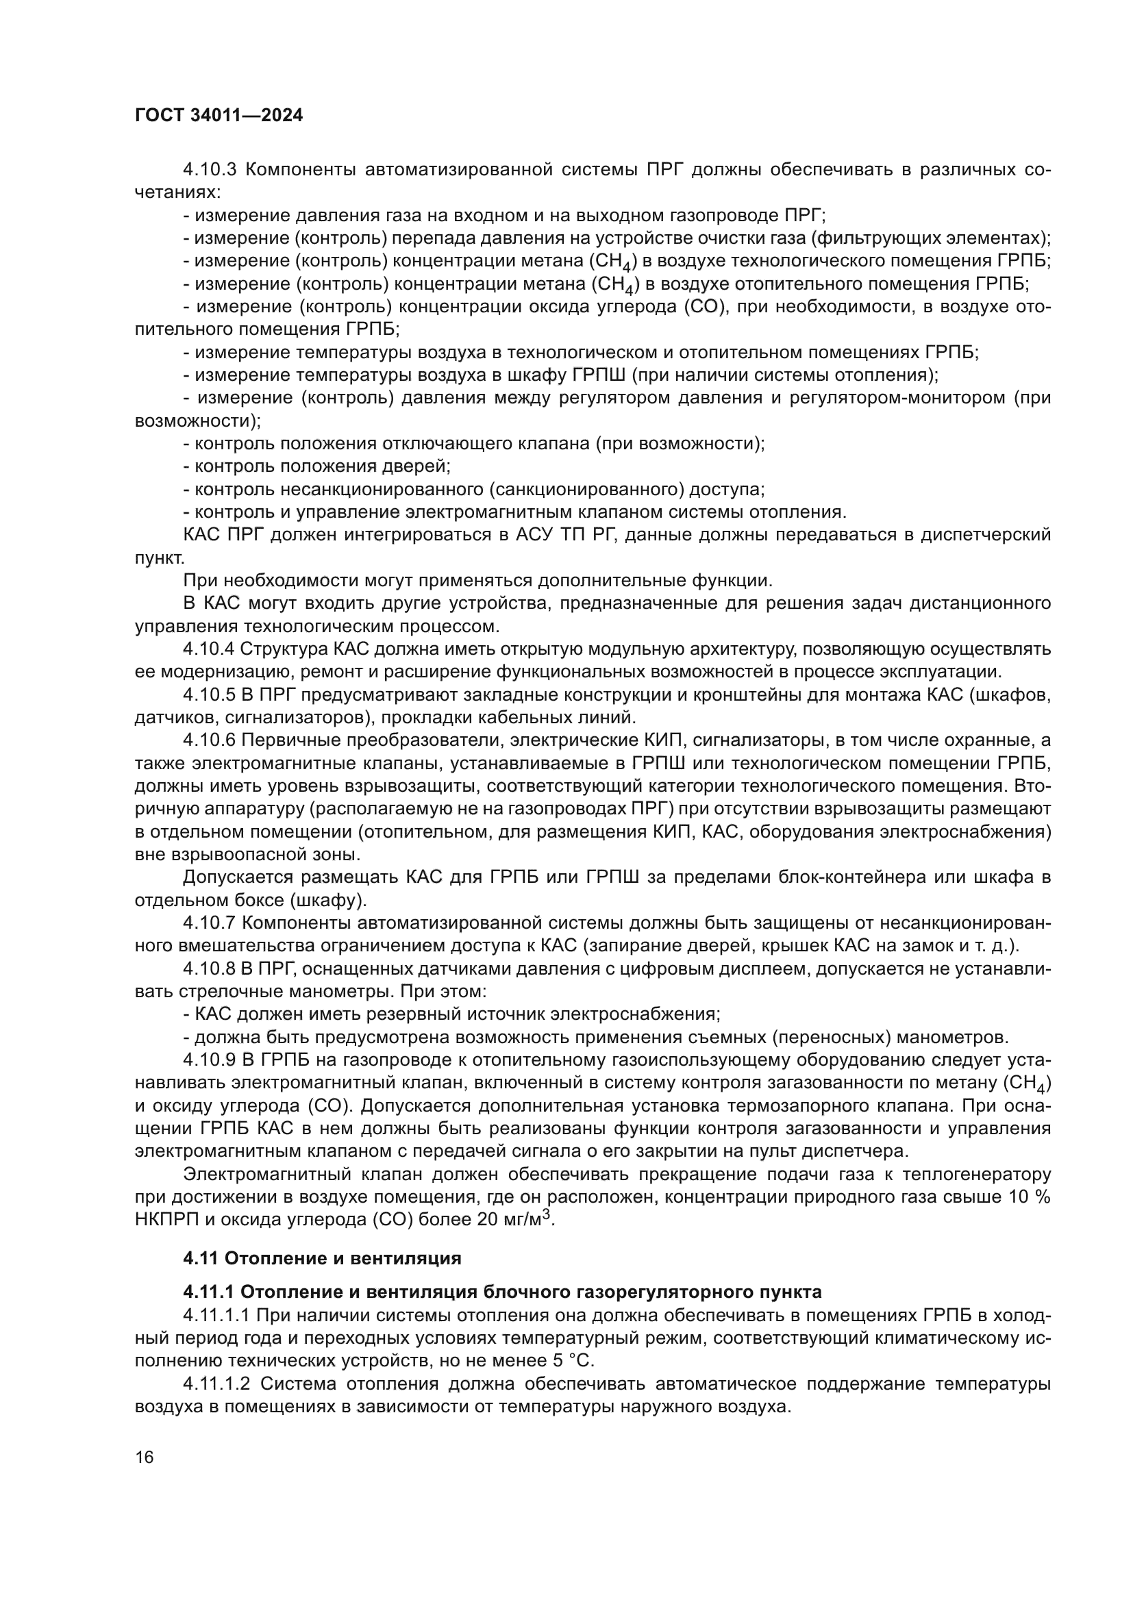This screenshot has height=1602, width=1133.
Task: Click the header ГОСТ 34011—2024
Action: pyautogui.click(x=219, y=116)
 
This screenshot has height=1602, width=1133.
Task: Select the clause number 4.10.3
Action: pyautogui.click(x=210, y=170)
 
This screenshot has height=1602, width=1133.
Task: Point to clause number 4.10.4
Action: pyautogui.click(x=210, y=649)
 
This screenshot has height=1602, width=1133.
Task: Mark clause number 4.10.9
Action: pyautogui.click(x=210, y=1060)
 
